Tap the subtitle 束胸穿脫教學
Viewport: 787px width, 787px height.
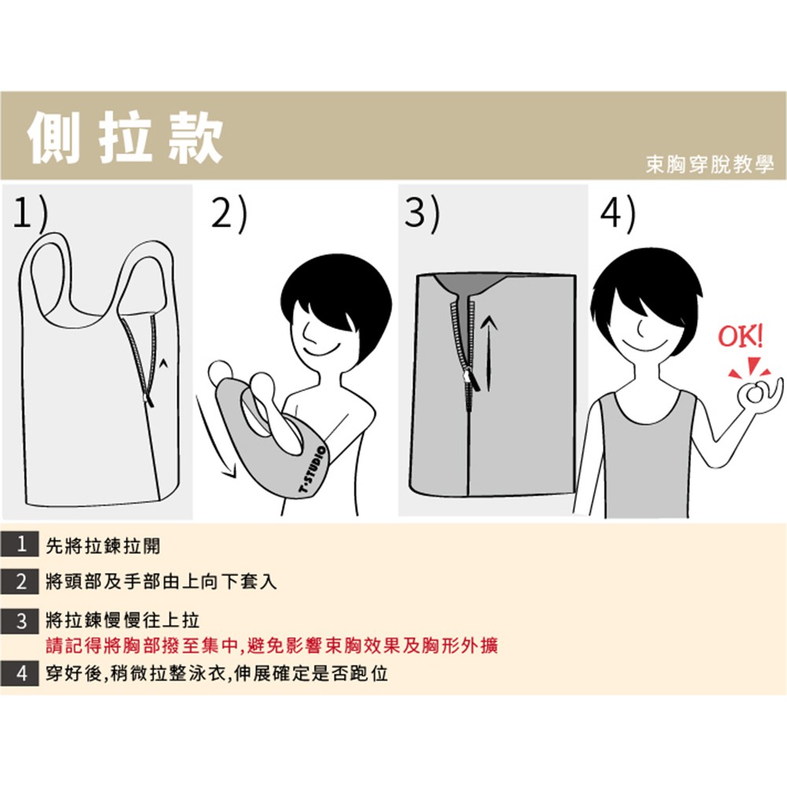(x=710, y=164)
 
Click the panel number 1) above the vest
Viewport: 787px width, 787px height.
(x=31, y=213)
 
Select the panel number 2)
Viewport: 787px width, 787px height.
(x=229, y=213)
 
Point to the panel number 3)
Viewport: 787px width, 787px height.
(x=423, y=213)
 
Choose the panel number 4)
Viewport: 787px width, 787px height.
(x=618, y=213)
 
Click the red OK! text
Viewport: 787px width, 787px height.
(x=741, y=336)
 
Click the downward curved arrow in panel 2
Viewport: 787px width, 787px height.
(x=215, y=438)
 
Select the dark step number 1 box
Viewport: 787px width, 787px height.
(x=20, y=544)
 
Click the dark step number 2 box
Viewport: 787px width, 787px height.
(x=20, y=582)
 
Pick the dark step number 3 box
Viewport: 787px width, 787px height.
(x=20, y=621)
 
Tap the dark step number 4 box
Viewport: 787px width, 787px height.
(x=20, y=673)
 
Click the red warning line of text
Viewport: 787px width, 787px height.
(x=272, y=645)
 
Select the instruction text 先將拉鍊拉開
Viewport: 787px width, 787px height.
(x=103, y=545)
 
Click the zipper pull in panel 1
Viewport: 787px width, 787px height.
(x=149, y=400)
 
